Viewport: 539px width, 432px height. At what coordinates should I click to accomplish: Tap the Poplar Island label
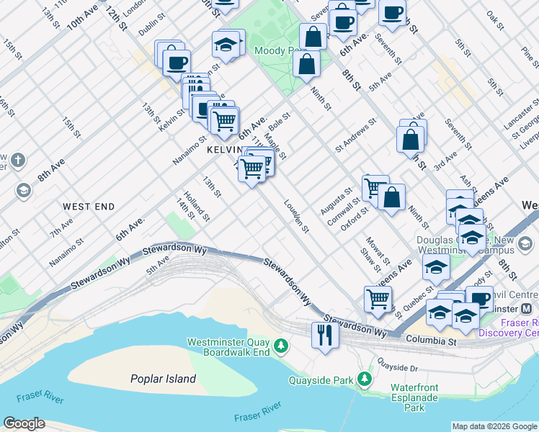pyautogui.click(x=163, y=379)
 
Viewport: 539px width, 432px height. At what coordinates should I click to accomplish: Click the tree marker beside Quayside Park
pyautogui.click(x=366, y=379)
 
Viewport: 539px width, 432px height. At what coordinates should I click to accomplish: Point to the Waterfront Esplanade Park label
pyautogui.click(x=414, y=397)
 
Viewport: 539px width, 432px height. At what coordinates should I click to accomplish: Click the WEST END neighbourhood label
pyautogui.click(x=89, y=207)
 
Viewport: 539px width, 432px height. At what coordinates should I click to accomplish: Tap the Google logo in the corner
pyautogui.click(x=24, y=423)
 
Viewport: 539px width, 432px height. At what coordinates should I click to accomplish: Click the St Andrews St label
pyautogui.click(x=356, y=135)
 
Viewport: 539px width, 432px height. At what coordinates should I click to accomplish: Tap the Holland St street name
pyautogui.click(x=195, y=205)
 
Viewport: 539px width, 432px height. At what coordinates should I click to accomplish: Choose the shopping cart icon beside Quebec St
pyautogui.click(x=378, y=298)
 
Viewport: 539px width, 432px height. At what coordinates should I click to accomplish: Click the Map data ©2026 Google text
pyautogui.click(x=494, y=426)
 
